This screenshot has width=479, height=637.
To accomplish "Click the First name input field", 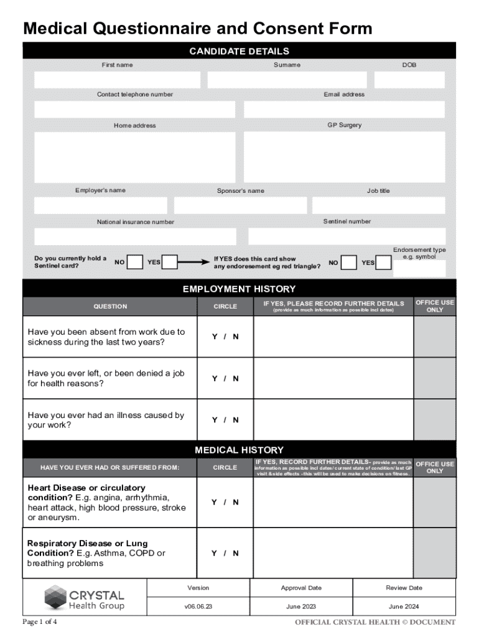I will point(117,80).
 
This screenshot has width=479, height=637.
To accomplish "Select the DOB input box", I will point(409,80).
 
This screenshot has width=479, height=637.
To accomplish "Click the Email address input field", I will point(344,109).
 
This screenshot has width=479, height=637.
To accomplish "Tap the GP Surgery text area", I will point(344,157).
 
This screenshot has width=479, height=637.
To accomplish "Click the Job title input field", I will point(378,205).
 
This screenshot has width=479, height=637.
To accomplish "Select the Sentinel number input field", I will point(346,236).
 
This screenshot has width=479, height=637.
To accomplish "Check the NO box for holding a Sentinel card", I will point(135,263).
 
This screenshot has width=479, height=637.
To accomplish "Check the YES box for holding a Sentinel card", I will point(170,263).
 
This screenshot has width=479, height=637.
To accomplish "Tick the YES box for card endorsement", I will point(384,263).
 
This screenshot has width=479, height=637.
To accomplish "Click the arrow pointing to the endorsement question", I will point(195,263).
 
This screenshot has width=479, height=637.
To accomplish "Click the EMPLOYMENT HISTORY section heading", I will point(239,289).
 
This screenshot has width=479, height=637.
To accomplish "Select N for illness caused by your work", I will point(236,420).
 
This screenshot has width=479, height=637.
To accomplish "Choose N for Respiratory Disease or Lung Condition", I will point(236,553).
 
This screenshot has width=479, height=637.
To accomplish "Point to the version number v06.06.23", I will point(198,607).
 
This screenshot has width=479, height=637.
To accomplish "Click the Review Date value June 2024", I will point(404,607).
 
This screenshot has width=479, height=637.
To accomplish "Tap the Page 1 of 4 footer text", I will point(40,622).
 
